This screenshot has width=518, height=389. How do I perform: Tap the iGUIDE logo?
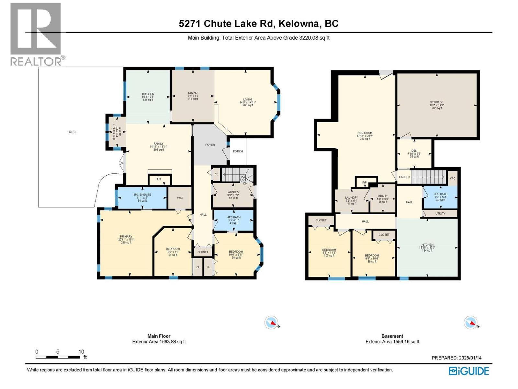(469, 371)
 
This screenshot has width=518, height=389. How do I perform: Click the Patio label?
(72, 132)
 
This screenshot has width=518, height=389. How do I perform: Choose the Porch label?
(238, 151)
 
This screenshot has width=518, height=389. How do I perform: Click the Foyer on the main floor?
(210, 145)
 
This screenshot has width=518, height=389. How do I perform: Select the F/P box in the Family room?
(159, 180)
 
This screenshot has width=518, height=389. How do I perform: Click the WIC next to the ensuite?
(180, 198)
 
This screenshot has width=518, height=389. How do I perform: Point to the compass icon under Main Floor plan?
(271, 323)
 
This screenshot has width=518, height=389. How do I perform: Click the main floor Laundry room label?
(233, 195)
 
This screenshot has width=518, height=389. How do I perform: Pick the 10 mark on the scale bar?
(81, 352)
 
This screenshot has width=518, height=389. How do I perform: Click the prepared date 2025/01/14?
(456, 358)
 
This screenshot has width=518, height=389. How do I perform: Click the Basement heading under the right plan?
(392, 336)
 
